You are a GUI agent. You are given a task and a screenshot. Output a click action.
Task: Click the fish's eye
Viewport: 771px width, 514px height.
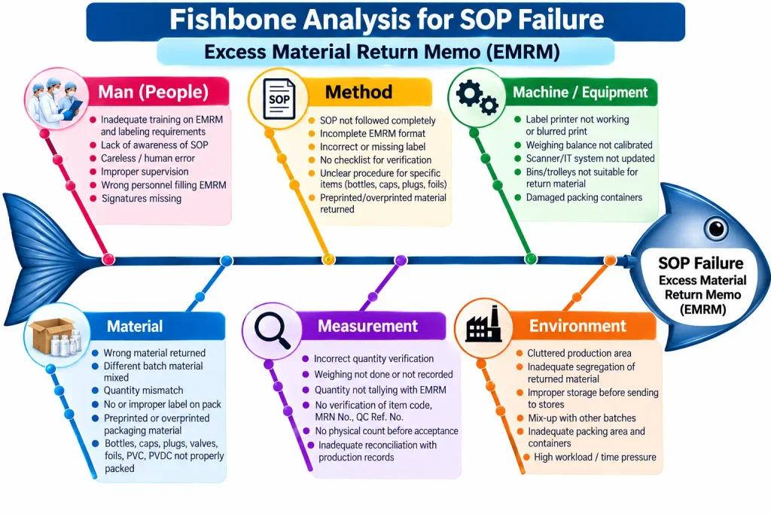[716, 228]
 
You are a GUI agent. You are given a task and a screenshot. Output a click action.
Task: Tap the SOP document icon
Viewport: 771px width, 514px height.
[279, 99]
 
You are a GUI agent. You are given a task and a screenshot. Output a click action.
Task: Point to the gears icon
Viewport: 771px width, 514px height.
[477, 96]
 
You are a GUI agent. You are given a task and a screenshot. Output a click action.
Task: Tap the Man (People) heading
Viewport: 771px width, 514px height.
[154, 92]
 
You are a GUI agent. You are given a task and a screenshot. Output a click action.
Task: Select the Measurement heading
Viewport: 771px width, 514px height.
[367, 326]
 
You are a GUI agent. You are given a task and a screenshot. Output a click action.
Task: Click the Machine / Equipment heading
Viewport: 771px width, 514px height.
[581, 93]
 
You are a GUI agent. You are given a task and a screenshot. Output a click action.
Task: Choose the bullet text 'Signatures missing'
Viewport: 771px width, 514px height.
[142, 199]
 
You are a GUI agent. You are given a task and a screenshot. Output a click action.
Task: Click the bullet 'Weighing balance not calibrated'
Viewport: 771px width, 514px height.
[589, 145]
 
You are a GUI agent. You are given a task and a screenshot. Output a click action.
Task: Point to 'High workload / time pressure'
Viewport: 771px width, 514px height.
[595, 457]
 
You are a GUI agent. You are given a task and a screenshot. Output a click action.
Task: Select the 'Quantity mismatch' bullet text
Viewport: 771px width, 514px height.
[143, 390]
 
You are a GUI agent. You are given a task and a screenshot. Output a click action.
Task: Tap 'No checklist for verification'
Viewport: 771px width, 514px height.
[376, 160]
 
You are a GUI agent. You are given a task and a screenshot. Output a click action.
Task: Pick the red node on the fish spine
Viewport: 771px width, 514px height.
[108, 260]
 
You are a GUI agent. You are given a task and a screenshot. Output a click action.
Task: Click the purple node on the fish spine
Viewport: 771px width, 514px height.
[401, 260]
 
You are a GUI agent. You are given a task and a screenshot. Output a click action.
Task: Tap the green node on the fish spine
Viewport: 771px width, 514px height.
[531, 259]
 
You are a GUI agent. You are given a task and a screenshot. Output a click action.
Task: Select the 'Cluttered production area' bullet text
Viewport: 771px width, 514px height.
[579, 353]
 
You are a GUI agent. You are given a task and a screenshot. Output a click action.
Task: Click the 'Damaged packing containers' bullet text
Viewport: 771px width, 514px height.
[584, 197]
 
